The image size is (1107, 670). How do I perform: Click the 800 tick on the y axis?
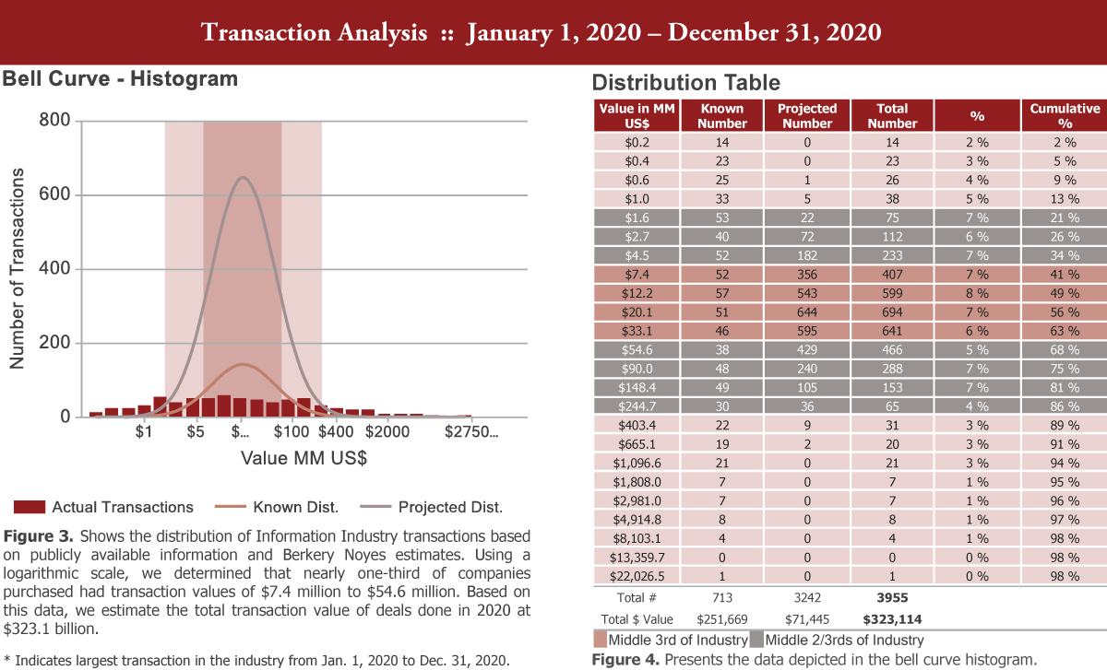[54, 121]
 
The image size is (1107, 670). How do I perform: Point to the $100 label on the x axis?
[292, 431]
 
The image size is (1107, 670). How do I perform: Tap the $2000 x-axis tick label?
[387, 431]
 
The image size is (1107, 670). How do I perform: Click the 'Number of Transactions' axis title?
[17, 269]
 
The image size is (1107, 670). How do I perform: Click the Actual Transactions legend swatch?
[29, 507]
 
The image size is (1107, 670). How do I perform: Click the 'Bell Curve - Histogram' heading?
[120, 79]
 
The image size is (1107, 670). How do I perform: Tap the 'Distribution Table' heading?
[685, 82]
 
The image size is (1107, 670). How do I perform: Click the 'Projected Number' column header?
[806, 115]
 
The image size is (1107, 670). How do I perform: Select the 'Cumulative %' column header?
[1065, 115]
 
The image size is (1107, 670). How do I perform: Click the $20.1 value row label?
[637, 311]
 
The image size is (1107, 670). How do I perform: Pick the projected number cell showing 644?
[806, 311]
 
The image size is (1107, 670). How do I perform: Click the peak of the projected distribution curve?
[243, 177]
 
